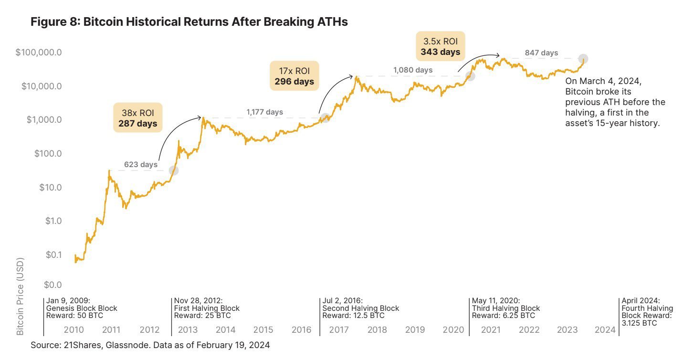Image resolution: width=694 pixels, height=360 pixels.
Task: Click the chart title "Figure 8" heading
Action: (x=189, y=22)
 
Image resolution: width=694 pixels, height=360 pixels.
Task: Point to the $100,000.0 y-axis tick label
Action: (x=39, y=52)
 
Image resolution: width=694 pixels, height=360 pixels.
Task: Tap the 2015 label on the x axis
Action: (x=263, y=330)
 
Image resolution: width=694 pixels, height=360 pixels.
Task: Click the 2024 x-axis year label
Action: (x=605, y=330)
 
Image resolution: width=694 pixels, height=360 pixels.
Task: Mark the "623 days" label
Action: (x=141, y=164)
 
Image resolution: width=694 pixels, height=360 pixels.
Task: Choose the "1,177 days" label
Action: (x=264, y=112)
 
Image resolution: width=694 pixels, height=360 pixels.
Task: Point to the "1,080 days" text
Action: (x=413, y=70)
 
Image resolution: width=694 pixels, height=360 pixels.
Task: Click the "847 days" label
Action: (x=541, y=53)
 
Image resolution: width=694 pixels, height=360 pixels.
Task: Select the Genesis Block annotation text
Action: (x=82, y=308)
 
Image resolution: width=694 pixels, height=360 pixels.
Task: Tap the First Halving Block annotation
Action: (x=207, y=308)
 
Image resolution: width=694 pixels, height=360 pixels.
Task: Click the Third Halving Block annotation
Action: (x=505, y=308)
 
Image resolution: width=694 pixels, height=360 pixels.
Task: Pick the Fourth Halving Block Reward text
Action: (x=647, y=312)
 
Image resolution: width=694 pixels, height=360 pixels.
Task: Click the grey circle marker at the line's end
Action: (x=583, y=59)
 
